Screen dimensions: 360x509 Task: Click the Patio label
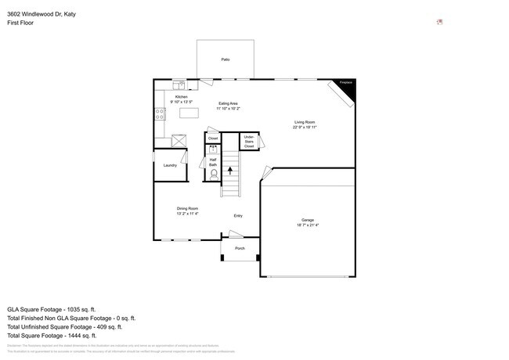(225, 59)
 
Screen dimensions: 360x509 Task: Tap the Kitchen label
(181, 97)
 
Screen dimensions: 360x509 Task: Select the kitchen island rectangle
(189, 113)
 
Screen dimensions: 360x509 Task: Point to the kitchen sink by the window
(178, 83)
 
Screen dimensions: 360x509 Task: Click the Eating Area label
(228, 103)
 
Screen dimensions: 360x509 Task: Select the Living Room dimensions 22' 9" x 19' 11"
(305, 128)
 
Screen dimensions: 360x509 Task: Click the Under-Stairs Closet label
(249, 142)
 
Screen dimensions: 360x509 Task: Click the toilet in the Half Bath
(213, 174)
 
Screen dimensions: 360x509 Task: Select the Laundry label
(170, 165)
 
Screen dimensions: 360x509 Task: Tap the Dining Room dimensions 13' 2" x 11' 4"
(187, 213)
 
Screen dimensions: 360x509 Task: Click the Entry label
(238, 215)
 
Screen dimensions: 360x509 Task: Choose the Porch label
(240, 248)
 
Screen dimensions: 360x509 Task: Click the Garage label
(308, 220)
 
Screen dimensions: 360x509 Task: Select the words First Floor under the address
(20, 23)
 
